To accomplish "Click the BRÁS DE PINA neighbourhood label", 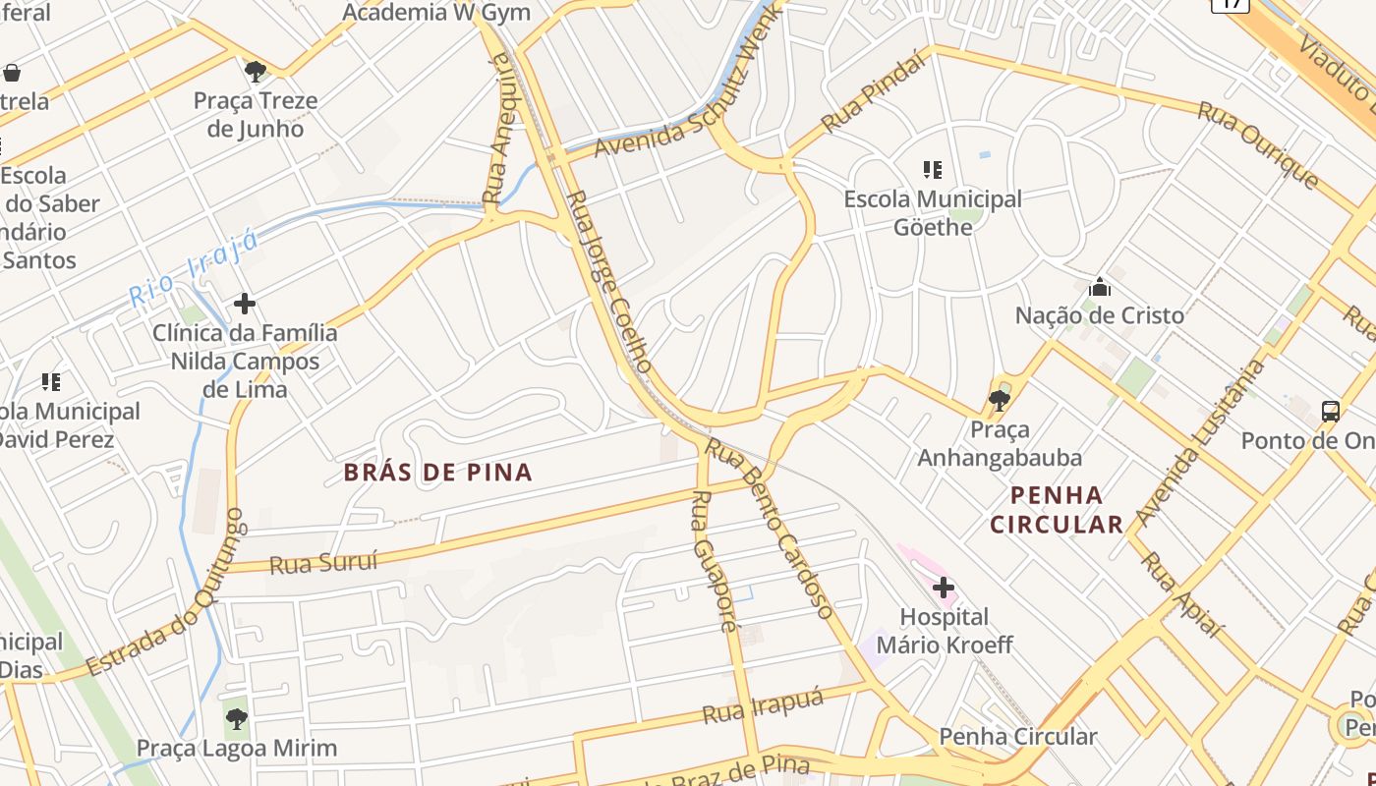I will (438, 473).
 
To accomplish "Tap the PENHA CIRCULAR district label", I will (1056, 509).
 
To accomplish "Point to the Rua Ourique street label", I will (1258, 143).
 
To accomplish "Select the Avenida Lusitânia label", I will (1200, 443).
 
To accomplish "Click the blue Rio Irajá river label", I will (194, 269).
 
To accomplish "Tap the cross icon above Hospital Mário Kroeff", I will (944, 588).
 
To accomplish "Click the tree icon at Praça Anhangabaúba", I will (999, 400).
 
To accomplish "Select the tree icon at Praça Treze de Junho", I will (256, 71).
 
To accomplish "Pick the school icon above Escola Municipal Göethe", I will (933, 169).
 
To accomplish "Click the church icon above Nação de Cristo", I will (1099, 287).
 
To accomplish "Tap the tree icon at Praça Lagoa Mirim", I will (236, 718).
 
